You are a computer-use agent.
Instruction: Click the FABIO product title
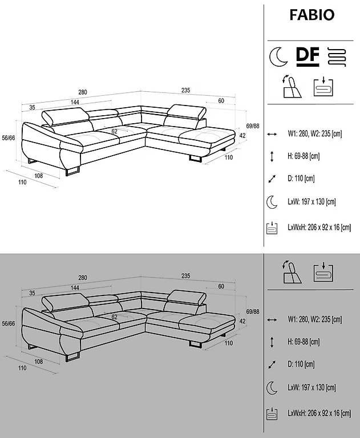click(312, 15)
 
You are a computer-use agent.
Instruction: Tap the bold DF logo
click(308, 56)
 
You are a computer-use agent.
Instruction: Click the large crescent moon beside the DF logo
click(278, 56)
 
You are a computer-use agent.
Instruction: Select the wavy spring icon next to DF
click(337, 56)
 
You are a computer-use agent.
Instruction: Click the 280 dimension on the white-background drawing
click(83, 92)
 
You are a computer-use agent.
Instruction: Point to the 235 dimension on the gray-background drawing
click(185, 275)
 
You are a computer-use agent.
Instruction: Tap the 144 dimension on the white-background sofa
click(75, 102)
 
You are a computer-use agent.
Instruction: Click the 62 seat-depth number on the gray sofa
click(114, 317)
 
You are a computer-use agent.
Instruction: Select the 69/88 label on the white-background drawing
click(252, 126)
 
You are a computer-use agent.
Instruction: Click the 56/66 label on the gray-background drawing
click(9, 323)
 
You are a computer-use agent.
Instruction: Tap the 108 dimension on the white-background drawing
click(39, 176)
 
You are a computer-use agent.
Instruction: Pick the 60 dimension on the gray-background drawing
click(221, 286)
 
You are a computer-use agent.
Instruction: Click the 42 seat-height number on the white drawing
click(242, 136)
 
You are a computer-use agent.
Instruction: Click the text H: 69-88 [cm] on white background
click(304, 156)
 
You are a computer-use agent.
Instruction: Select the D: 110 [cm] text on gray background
click(301, 364)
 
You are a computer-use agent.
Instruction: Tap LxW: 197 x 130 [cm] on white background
click(312, 201)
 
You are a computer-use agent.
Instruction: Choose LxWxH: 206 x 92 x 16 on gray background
click(319, 413)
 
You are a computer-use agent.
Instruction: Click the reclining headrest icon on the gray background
click(292, 273)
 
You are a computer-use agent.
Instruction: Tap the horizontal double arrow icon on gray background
click(272, 320)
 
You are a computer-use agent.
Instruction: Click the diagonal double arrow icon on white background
click(272, 179)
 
